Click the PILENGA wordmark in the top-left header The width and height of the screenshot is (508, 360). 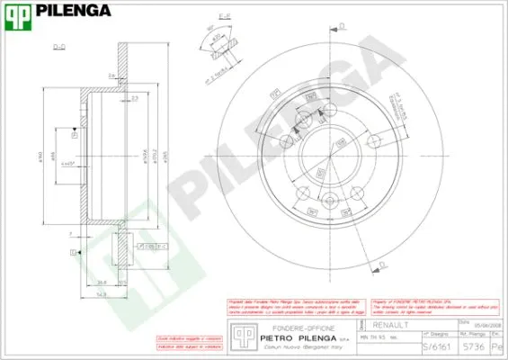pos(74,11)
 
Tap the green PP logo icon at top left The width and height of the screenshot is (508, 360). pos(18,13)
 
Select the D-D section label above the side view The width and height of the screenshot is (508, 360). pos(60,44)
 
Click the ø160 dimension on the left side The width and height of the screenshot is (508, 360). pos(40,158)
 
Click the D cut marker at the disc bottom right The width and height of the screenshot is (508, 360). pos(381,264)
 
